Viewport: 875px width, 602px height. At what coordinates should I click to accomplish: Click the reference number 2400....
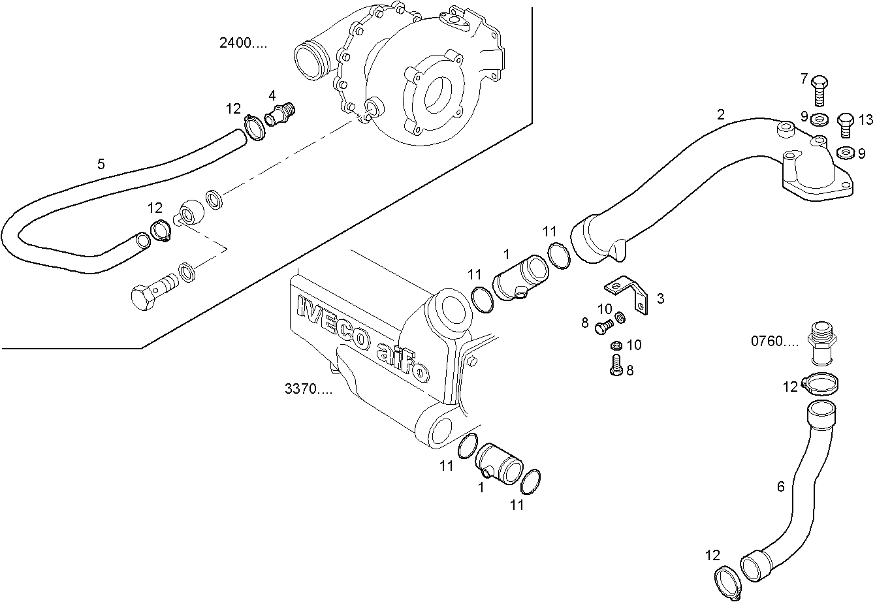(243, 44)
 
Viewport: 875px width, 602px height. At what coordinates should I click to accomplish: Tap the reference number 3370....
(308, 389)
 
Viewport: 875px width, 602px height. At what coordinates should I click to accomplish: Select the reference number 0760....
(774, 341)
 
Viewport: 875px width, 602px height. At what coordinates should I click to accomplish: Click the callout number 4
(272, 95)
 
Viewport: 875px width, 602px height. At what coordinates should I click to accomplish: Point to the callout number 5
(101, 164)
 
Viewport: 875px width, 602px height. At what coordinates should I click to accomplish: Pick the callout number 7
(804, 79)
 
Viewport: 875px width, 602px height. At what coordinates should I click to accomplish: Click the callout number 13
(865, 119)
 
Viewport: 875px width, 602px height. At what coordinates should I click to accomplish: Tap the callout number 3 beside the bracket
(660, 298)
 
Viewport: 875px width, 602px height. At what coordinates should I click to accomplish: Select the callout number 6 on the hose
(780, 486)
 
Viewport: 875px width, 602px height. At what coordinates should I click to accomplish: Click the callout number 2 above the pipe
(720, 114)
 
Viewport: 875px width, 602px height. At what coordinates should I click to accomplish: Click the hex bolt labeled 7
(819, 90)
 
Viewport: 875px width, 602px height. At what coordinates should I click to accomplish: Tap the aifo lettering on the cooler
(402, 363)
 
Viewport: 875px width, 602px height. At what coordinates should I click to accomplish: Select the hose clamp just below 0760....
(821, 383)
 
